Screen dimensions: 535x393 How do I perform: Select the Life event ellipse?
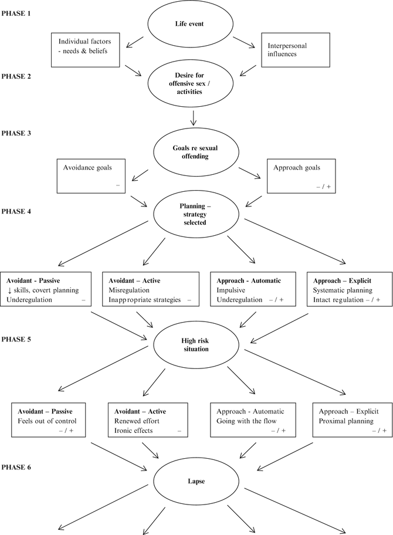tap(193, 25)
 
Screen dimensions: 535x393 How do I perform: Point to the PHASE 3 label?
tap(17, 133)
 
